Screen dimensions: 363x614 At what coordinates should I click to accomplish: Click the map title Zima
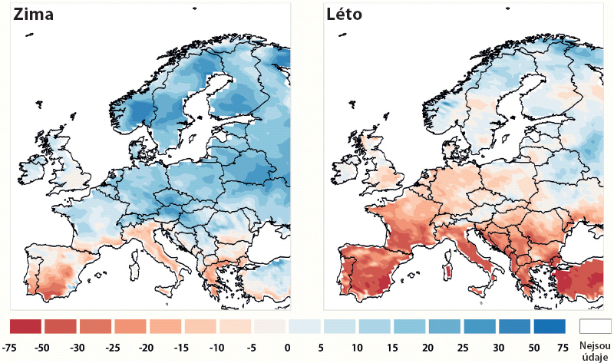click(x=32, y=15)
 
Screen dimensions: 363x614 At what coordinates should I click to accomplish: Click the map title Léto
click(x=345, y=15)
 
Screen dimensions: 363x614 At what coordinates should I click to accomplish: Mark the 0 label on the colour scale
click(x=288, y=348)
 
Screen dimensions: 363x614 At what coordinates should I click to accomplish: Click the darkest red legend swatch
click(x=26, y=326)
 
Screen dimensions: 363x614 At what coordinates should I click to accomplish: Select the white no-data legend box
click(x=596, y=326)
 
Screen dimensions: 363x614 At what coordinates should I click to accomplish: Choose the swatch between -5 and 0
click(x=270, y=326)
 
